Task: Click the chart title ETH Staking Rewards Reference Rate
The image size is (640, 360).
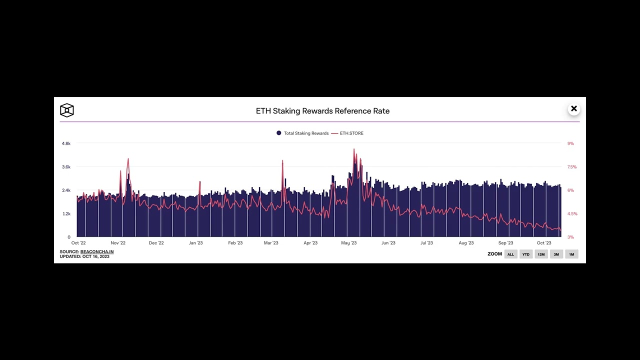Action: click(x=322, y=111)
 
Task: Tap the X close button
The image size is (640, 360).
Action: click(x=573, y=109)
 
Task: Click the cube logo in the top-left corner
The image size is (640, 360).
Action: click(x=67, y=110)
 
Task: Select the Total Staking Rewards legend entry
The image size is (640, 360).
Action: click(x=302, y=133)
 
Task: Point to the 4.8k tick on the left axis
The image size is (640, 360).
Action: click(x=66, y=143)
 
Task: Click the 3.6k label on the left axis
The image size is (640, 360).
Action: click(x=66, y=167)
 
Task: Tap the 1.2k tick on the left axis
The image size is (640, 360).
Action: click(x=66, y=214)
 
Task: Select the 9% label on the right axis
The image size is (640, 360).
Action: click(x=570, y=143)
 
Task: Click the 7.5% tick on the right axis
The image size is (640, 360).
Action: click(x=571, y=167)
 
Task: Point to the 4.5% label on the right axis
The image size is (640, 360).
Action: click(x=571, y=214)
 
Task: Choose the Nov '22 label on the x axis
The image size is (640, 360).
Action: click(x=118, y=243)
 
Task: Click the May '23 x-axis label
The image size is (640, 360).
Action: click(x=348, y=243)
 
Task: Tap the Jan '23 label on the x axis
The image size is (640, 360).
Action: click(x=195, y=243)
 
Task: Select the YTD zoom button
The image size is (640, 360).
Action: click(x=526, y=254)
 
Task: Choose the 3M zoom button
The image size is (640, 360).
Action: click(x=556, y=254)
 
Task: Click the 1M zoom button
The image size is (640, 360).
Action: click(x=571, y=254)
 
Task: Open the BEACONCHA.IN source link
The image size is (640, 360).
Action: click(x=97, y=252)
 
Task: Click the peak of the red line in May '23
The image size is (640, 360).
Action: click(x=354, y=149)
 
